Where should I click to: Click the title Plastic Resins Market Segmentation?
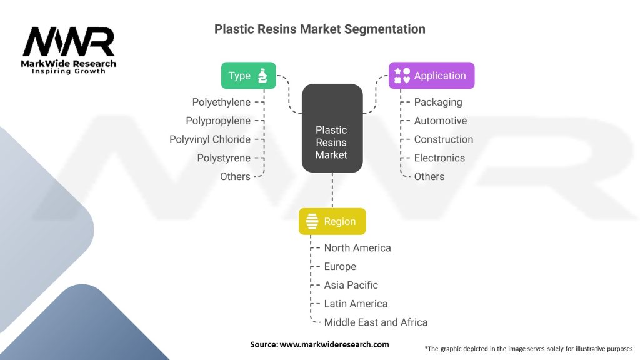pos(319,29)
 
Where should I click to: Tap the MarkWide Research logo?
pos(69,50)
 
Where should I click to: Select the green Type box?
pos(248,76)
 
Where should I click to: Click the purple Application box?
pos(431,76)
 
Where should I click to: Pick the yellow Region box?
pos(332,221)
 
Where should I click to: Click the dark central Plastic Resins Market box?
pos(332,128)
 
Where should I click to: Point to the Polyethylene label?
pos(221,102)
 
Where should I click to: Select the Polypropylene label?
pos(218,121)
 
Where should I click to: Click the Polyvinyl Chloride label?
pos(210,139)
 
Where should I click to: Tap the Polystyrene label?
pos(224,158)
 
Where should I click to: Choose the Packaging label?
pos(438,102)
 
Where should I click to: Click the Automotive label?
pos(441,121)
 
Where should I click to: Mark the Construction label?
pos(444,139)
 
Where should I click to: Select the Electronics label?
pos(439,158)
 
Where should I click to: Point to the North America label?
pos(357,248)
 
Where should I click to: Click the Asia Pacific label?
pos(351,285)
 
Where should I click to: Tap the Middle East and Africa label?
pos(376,322)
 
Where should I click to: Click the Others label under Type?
pos(235,177)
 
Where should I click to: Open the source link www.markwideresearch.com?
pos(334,344)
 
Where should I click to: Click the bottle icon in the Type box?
pos(262,76)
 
